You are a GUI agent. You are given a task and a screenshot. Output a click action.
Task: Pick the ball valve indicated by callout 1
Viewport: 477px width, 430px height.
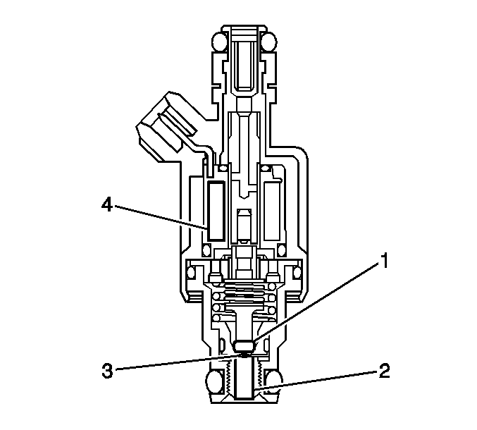[243, 346]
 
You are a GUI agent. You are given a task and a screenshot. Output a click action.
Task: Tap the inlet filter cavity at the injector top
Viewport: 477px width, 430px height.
[244, 63]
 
